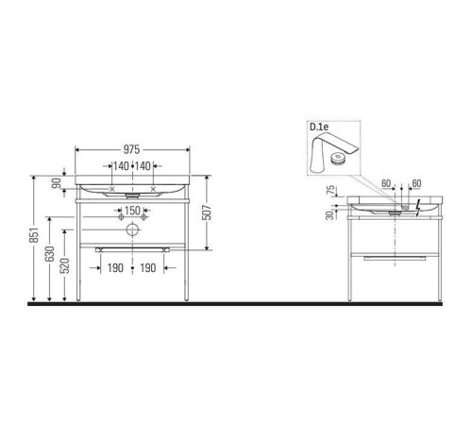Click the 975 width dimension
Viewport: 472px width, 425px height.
[x=132, y=149]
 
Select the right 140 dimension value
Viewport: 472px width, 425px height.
[x=143, y=166]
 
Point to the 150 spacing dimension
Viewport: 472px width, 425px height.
[x=133, y=210]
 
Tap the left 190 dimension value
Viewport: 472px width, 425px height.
[x=114, y=268]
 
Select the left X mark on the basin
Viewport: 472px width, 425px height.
[x=114, y=189]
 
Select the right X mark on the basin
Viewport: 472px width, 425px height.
[x=152, y=189]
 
